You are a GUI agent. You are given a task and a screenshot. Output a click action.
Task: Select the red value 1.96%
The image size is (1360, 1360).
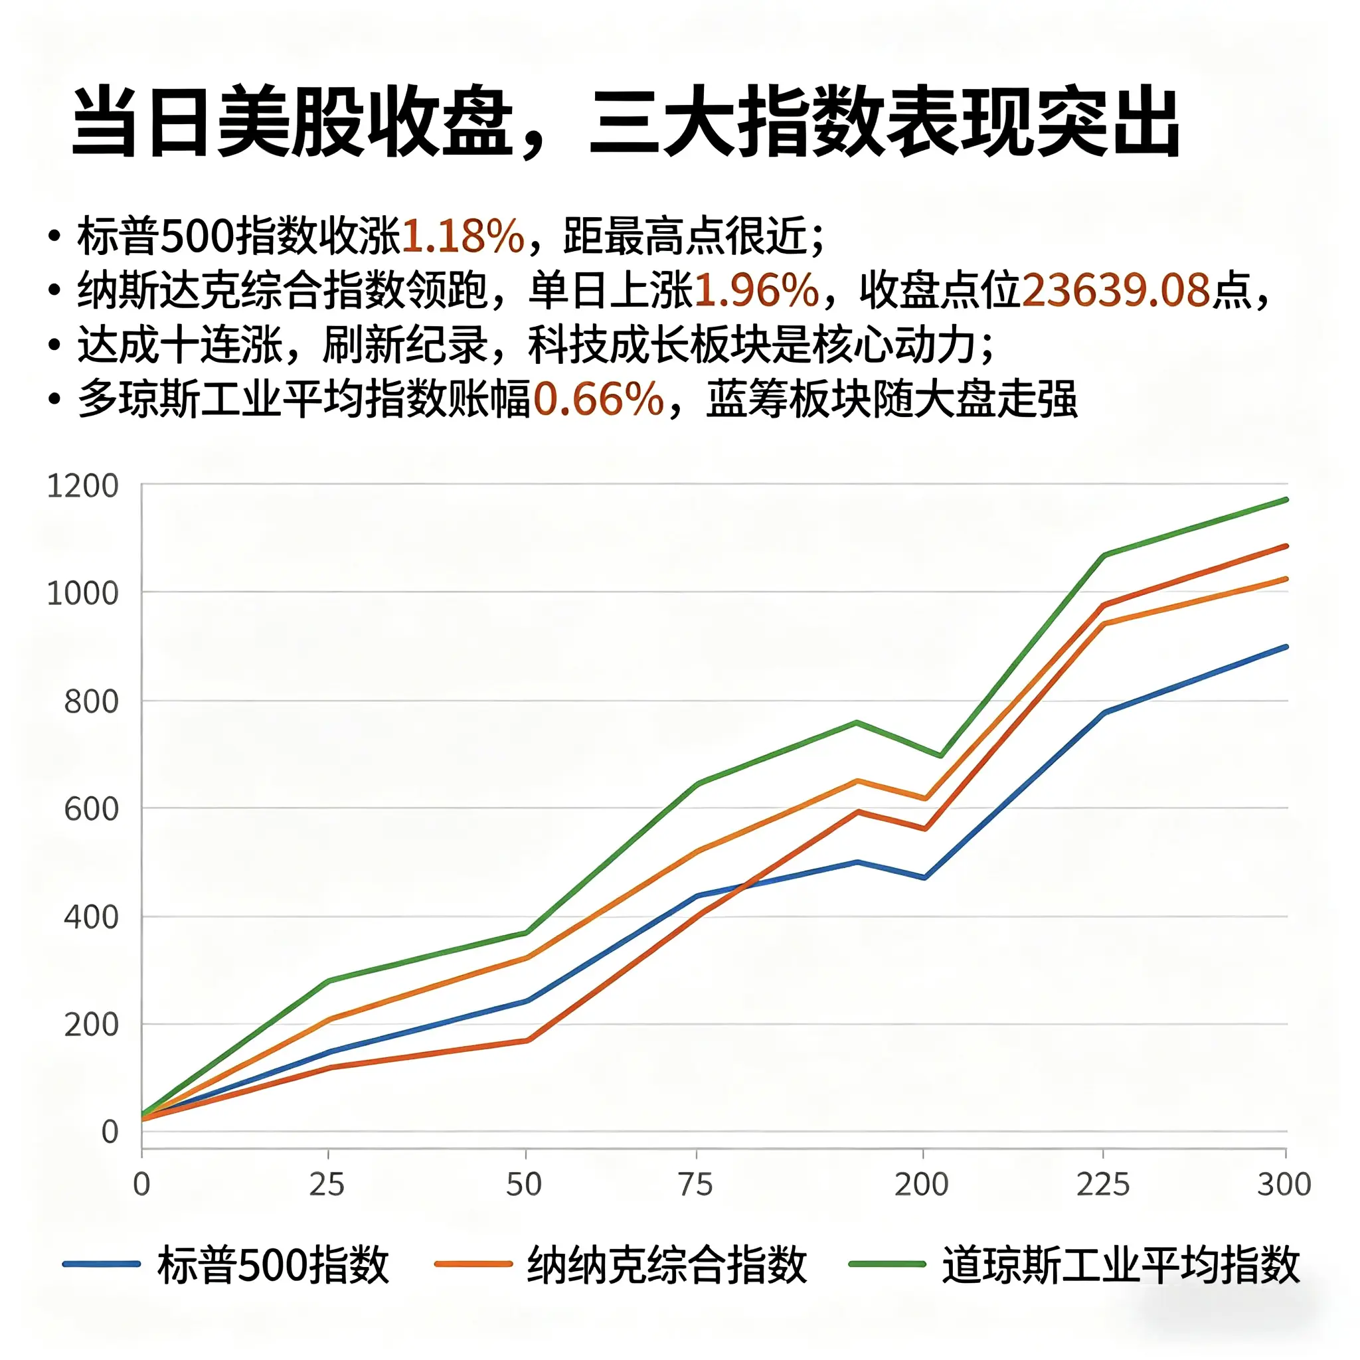pyautogui.click(x=757, y=290)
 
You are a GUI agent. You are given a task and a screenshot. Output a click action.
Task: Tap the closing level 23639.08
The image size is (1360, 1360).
pyautogui.click(x=1115, y=290)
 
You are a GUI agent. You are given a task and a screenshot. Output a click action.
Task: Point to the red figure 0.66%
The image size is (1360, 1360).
pyautogui.click(x=598, y=399)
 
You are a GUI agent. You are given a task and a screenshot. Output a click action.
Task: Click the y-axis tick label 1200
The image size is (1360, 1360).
pyautogui.click(x=82, y=486)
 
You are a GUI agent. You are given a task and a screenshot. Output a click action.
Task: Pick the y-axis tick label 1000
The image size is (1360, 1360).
pyautogui.click(x=82, y=594)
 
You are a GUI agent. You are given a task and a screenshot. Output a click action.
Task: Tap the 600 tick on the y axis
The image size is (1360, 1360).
pyautogui.click(x=91, y=809)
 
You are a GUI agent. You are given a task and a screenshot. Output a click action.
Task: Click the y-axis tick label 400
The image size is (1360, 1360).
pyautogui.click(x=91, y=918)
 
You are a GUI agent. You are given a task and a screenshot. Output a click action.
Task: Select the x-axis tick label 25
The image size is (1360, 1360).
pyautogui.click(x=327, y=1185)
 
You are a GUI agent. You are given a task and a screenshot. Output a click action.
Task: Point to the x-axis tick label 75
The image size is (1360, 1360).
pyautogui.click(x=695, y=1185)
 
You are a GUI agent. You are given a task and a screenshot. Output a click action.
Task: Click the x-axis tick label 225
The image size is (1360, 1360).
pyautogui.click(x=1102, y=1185)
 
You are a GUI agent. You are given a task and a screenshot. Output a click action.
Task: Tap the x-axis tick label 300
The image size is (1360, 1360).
pyautogui.click(x=1284, y=1185)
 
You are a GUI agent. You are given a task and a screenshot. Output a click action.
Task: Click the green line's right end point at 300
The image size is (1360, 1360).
pyautogui.click(x=1286, y=500)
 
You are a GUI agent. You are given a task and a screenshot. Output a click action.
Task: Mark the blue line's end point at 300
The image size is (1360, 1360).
pyautogui.click(x=1286, y=646)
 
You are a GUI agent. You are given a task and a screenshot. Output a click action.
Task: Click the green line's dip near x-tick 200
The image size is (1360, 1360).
pyautogui.click(x=940, y=756)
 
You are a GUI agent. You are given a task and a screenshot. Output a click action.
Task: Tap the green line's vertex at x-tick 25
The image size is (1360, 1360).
pyautogui.click(x=329, y=981)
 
